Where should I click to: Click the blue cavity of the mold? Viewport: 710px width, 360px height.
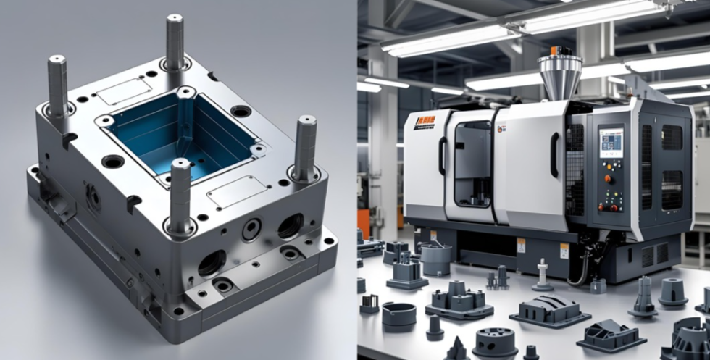pyautogui.click(x=181, y=134)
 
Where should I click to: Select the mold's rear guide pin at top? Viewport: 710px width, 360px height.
pyautogui.click(x=175, y=40)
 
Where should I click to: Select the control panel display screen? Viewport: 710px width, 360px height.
pyautogui.click(x=611, y=140)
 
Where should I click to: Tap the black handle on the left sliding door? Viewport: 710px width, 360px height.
pyautogui.click(x=441, y=156)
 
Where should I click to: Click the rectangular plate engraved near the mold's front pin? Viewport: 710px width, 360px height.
pyautogui.click(x=230, y=191)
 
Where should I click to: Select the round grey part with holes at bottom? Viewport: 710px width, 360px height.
pyautogui.click(x=496, y=340)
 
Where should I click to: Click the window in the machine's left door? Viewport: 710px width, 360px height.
pyautogui.click(x=472, y=163)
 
